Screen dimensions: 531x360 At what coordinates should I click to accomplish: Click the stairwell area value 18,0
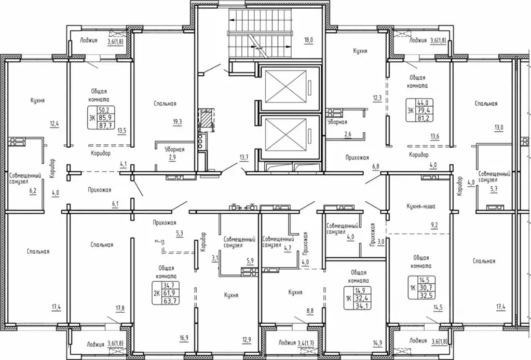[308, 40]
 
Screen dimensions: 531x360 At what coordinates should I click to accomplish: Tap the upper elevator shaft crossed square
[287, 86]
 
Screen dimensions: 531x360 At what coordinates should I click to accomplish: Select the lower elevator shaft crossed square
[287, 135]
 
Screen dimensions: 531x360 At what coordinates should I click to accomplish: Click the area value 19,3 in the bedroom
[177, 122]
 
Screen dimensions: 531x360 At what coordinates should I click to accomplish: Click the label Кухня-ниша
[420, 206]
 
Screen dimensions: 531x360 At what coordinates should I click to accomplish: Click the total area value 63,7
[171, 301]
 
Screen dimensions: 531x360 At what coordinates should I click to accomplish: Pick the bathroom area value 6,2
[33, 191]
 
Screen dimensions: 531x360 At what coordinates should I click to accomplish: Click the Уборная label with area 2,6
[337, 122]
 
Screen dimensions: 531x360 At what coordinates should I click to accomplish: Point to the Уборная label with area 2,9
[174, 149]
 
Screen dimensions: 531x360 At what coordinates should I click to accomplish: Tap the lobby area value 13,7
[244, 157]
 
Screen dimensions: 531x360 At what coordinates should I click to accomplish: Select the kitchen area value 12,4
[55, 123]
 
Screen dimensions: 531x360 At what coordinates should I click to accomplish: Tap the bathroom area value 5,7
[494, 189]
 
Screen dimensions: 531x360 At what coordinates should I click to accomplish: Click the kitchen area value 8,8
[310, 311]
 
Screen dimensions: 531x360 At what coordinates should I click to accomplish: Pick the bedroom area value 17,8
[120, 308]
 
